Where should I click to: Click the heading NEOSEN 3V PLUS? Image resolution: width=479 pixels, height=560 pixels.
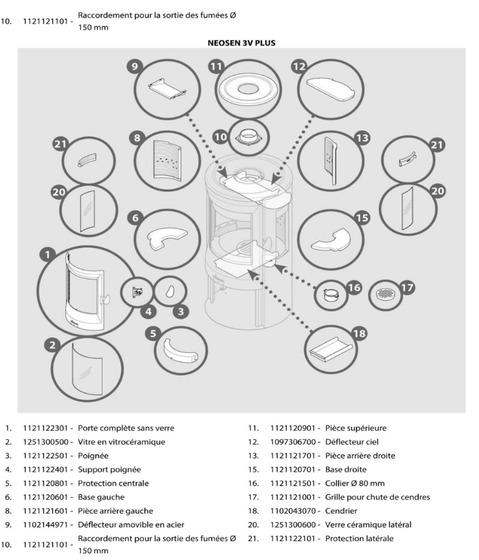(239, 43)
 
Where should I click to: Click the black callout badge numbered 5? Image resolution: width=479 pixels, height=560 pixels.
(154, 333)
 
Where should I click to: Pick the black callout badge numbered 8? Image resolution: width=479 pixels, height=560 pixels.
(137, 138)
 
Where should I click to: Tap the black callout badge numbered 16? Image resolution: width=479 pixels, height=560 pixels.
(354, 288)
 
